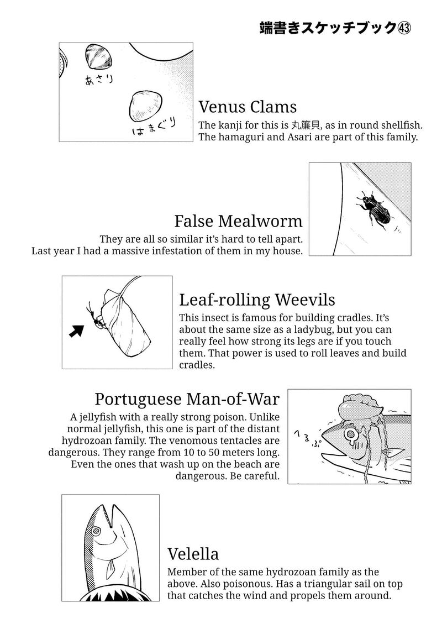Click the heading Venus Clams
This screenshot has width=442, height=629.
[248, 106]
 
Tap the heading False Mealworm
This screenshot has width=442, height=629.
[238, 221]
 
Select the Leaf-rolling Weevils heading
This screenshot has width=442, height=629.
[257, 300]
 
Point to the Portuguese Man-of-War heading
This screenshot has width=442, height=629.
[187, 399]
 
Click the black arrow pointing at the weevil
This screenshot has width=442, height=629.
[76, 330]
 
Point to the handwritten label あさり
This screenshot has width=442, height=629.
[98, 78]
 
